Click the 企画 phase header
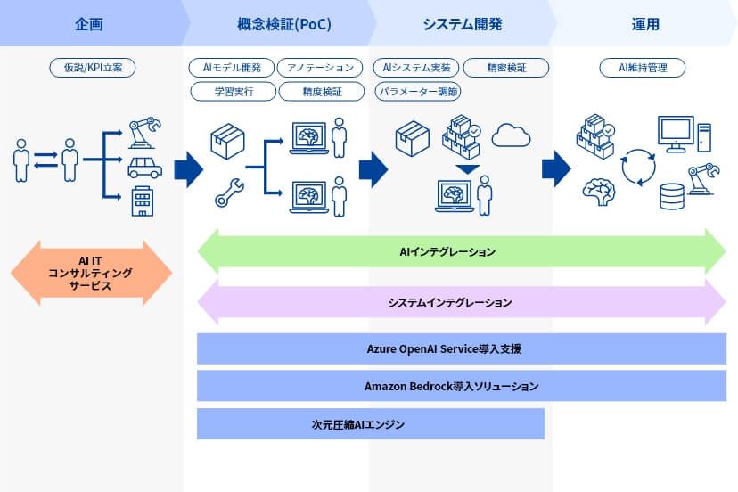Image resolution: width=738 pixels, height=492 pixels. click(x=89, y=24)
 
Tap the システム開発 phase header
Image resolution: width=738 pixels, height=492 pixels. click(x=462, y=24)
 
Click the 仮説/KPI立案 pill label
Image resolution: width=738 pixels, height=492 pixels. click(x=92, y=68)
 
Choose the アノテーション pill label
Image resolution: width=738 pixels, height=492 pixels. click(x=321, y=68)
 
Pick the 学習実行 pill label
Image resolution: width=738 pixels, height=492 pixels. click(x=234, y=91)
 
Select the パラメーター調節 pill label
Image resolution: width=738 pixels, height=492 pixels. click(x=417, y=91)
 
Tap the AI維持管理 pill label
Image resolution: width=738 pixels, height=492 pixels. click(x=642, y=68)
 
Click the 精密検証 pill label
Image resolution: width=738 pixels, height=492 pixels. click(x=505, y=68)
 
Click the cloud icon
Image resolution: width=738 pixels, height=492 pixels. click(x=511, y=135)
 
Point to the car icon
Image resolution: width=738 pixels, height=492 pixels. click(x=145, y=168)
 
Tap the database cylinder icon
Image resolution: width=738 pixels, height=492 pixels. click(x=672, y=195)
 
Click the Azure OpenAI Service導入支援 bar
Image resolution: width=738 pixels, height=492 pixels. click(x=461, y=348)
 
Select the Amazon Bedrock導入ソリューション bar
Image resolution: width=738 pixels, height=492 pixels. click(x=461, y=386)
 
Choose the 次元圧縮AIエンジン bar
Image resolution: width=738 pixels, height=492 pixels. click(x=370, y=424)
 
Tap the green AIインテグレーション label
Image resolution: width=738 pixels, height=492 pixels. click(x=461, y=252)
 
